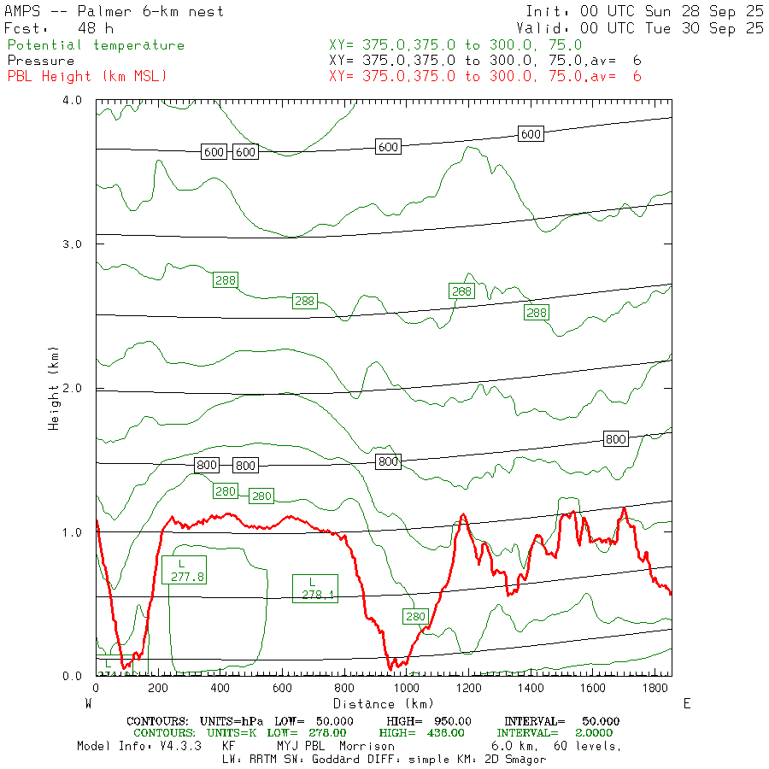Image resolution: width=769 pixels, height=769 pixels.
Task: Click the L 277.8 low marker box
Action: (182, 570)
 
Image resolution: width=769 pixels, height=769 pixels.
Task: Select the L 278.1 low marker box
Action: (314, 588)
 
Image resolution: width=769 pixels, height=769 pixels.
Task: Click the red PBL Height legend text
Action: (87, 77)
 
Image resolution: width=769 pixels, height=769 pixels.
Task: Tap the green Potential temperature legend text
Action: (96, 45)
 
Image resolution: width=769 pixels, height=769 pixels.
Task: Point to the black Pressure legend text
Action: (41, 61)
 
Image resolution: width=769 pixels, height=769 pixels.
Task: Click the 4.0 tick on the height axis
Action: (72, 101)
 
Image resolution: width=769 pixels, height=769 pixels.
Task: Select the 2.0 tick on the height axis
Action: (72, 389)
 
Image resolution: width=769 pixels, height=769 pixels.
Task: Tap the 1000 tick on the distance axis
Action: (407, 688)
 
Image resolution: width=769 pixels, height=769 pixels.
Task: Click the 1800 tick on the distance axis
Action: (655, 688)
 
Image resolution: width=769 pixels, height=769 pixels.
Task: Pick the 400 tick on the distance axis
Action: (220, 688)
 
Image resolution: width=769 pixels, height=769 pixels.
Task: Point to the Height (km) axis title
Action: (54, 389)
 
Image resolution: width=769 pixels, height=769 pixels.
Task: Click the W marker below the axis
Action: (89, 703)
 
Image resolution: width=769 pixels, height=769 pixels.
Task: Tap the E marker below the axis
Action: (688, 703)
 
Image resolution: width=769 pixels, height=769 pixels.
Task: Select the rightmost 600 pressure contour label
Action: (531, 134)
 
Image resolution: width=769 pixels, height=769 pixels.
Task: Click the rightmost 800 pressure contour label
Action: (615, 439)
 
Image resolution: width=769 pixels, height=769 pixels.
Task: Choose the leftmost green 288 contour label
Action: (226, 279)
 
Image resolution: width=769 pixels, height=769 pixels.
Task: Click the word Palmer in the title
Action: (106, 11)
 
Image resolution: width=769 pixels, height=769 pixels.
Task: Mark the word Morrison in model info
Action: (367, 746)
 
